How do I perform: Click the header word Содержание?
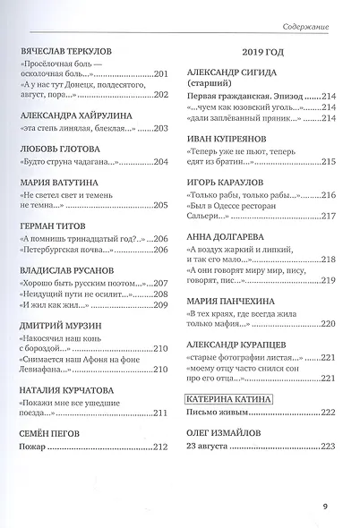(303, 28)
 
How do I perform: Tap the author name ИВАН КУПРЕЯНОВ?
(232, 140)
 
